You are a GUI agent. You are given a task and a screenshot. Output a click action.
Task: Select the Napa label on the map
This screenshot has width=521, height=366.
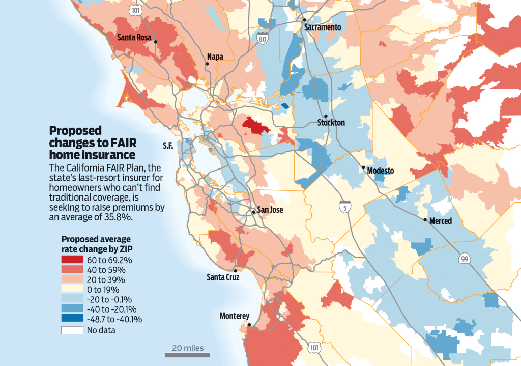click(x=215, y=57)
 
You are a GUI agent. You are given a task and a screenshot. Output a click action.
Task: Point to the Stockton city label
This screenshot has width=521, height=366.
click(x=331, y=123)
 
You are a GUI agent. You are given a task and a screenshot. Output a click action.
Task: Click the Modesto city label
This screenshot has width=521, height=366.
click(x=381, y=171)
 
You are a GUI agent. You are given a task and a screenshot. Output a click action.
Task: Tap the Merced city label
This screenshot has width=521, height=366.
click(x=440, y=221)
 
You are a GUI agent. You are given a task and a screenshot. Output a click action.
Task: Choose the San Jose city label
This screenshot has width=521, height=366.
click(x=270, y=210)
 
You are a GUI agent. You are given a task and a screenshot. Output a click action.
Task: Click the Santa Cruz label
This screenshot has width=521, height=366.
click(x=222, y=277)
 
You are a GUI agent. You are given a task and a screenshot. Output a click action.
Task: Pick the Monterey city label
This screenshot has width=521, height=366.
click(x=235, y=316)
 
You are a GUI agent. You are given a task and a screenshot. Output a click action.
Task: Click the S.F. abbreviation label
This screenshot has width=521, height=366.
click(x=168, y=146)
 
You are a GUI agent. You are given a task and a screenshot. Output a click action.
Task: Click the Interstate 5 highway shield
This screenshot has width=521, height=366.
click(x=344, y=206)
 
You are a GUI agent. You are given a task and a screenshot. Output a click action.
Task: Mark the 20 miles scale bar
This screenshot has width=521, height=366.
click(x=184, y=355)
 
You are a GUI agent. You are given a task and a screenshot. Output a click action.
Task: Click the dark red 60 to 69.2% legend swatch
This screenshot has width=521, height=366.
click(x=72, y=260)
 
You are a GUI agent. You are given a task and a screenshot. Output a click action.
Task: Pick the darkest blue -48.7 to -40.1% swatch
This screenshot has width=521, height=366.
click(x=72, y=320)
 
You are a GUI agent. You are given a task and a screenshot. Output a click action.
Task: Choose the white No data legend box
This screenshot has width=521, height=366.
click(x=72, y=330)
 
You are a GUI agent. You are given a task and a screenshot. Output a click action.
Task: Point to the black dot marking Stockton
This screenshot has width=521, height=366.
click(x=326, y=116)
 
